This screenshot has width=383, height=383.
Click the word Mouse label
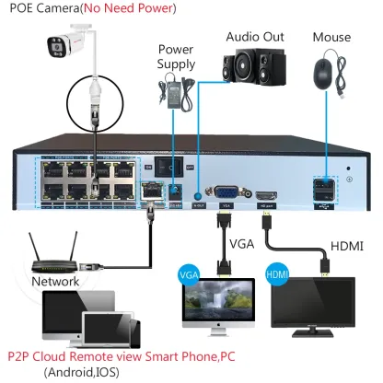(331, 38)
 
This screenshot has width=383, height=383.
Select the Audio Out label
(254, 38)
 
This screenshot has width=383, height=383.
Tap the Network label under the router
(55, 280)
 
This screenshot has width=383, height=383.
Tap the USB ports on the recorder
(325, 191)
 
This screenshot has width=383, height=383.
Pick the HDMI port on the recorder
(267, 196)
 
